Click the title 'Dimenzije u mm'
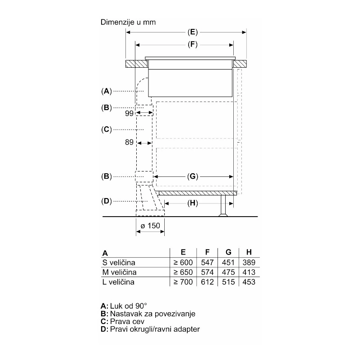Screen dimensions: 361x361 tap(128, 22)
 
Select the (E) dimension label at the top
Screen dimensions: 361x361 tap(193, 32)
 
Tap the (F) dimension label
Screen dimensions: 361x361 tap(193, 44)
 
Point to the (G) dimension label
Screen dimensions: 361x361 tap(193, 176)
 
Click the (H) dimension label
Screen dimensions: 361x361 tap(193, 203)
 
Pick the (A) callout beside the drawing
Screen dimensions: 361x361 tap(106, 91)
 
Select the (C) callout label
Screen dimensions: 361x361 tap(106, 130)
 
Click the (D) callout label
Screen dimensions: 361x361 tap(106, 201)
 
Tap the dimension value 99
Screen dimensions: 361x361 tap(129, 113)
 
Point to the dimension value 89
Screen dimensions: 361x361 tap(129, 142)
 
